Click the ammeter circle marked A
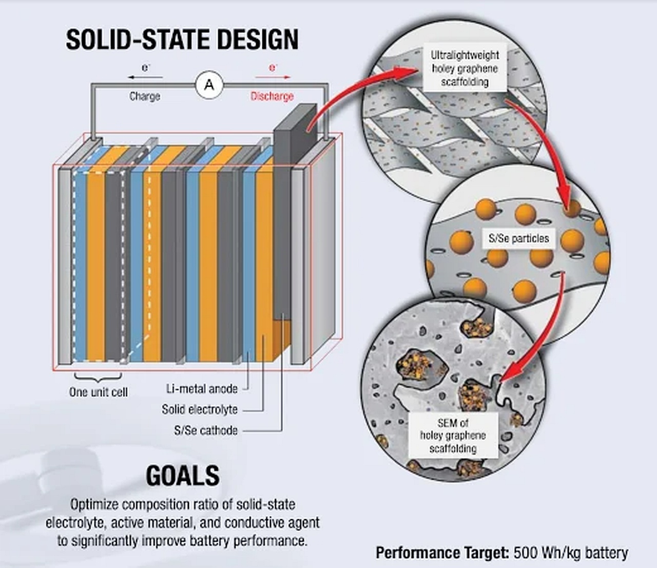209,85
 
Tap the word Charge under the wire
145,97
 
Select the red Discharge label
272,97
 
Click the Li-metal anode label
202,389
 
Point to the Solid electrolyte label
200,409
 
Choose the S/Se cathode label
206,430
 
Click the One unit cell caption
99,392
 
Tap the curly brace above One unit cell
98,377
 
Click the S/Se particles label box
519,238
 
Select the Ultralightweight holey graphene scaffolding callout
465,69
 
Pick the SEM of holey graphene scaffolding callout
453,436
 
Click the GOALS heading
183,476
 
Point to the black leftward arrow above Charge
145,77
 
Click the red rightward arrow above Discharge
273,77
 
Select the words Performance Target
443,553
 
